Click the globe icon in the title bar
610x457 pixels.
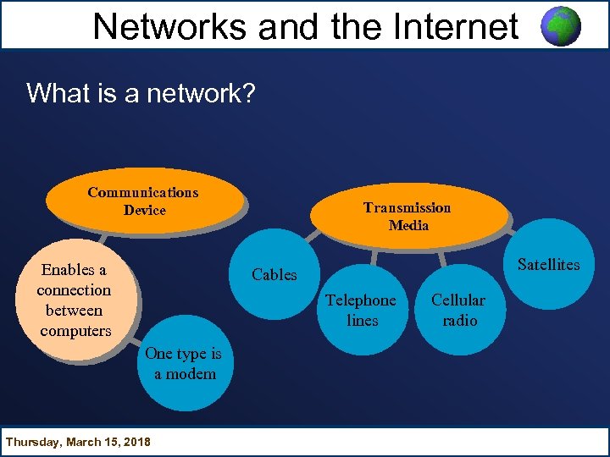point(561,26)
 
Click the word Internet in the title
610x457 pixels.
point(448,27)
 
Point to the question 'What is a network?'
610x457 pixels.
point(141,92)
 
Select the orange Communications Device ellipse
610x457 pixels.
point(143,201)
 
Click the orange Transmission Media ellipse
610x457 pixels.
point(408,217)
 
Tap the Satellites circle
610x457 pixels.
point(549,264)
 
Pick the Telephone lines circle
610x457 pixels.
point(362,311)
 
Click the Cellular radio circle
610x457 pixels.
point(458,311)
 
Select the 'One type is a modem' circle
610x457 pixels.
point(184,365)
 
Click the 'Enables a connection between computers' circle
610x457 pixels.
point(75,300)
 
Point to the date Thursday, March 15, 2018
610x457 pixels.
point(78,442)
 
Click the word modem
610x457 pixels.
point(191,374)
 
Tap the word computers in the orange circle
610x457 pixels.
point(75,331)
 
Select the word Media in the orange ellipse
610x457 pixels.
point(408,226)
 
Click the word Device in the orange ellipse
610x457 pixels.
point(145,211)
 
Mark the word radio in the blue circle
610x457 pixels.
point(460,321)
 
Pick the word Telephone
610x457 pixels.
point(361,300)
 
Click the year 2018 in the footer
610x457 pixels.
point(135,442)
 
